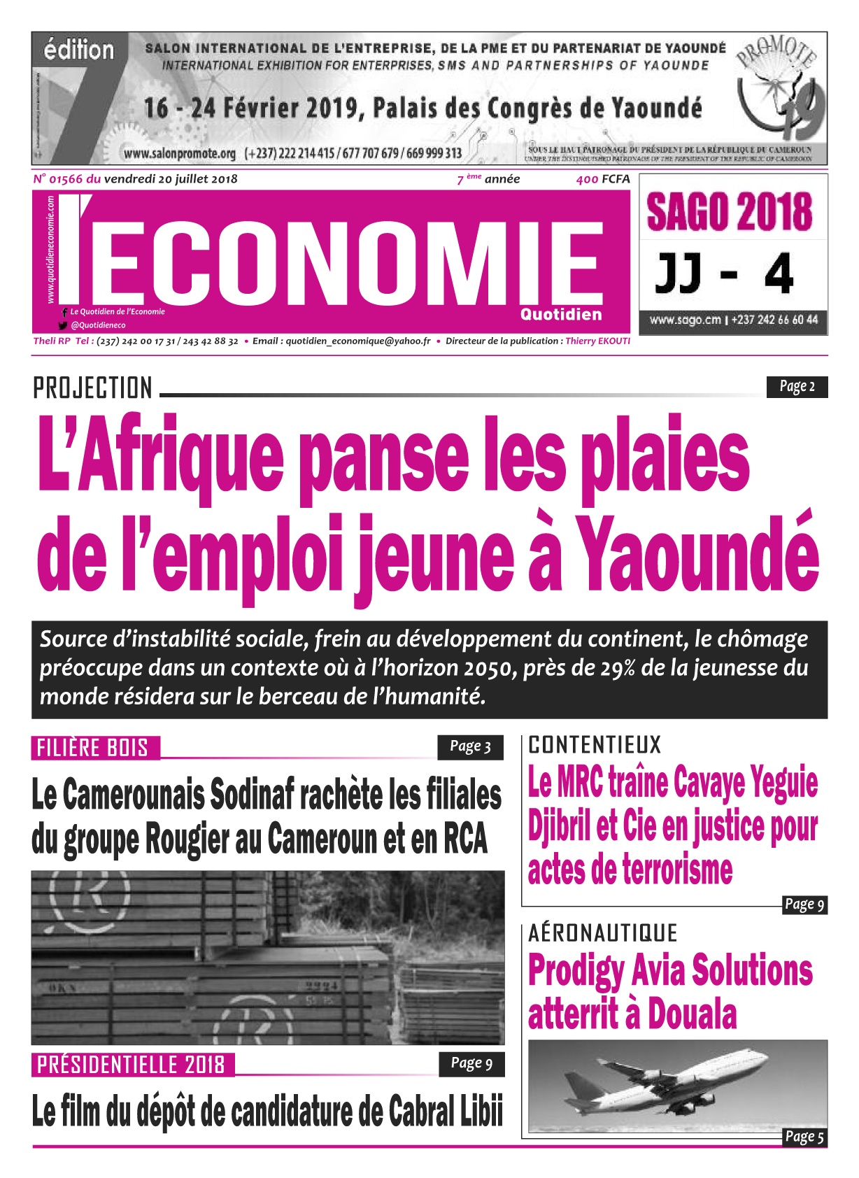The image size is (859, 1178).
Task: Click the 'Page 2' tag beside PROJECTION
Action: (x=797, y=387)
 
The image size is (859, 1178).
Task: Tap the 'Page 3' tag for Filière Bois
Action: (x=470, y=747)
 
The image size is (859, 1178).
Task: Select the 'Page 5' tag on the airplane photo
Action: (x=804, y=1137)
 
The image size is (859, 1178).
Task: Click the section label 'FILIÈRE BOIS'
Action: (x=93, y=748)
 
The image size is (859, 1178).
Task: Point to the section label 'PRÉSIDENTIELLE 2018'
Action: (x=131, y=1065)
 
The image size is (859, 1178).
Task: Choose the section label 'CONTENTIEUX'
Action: (x=594, y=745)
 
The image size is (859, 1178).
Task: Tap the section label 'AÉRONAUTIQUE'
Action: (x=602, y=933)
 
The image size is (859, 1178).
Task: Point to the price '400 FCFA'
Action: (x=602, y=179)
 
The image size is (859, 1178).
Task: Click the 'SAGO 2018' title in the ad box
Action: (x=730, y=212)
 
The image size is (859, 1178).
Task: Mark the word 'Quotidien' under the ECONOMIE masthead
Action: (x=560, y=315)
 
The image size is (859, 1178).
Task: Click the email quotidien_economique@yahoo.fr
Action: (x=358, y=341)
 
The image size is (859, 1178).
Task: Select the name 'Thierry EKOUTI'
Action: (x=597, y=341)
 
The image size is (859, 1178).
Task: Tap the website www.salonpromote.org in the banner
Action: (x=180, y=152)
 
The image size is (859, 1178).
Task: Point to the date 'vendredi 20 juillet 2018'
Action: (x=171, y=179)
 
